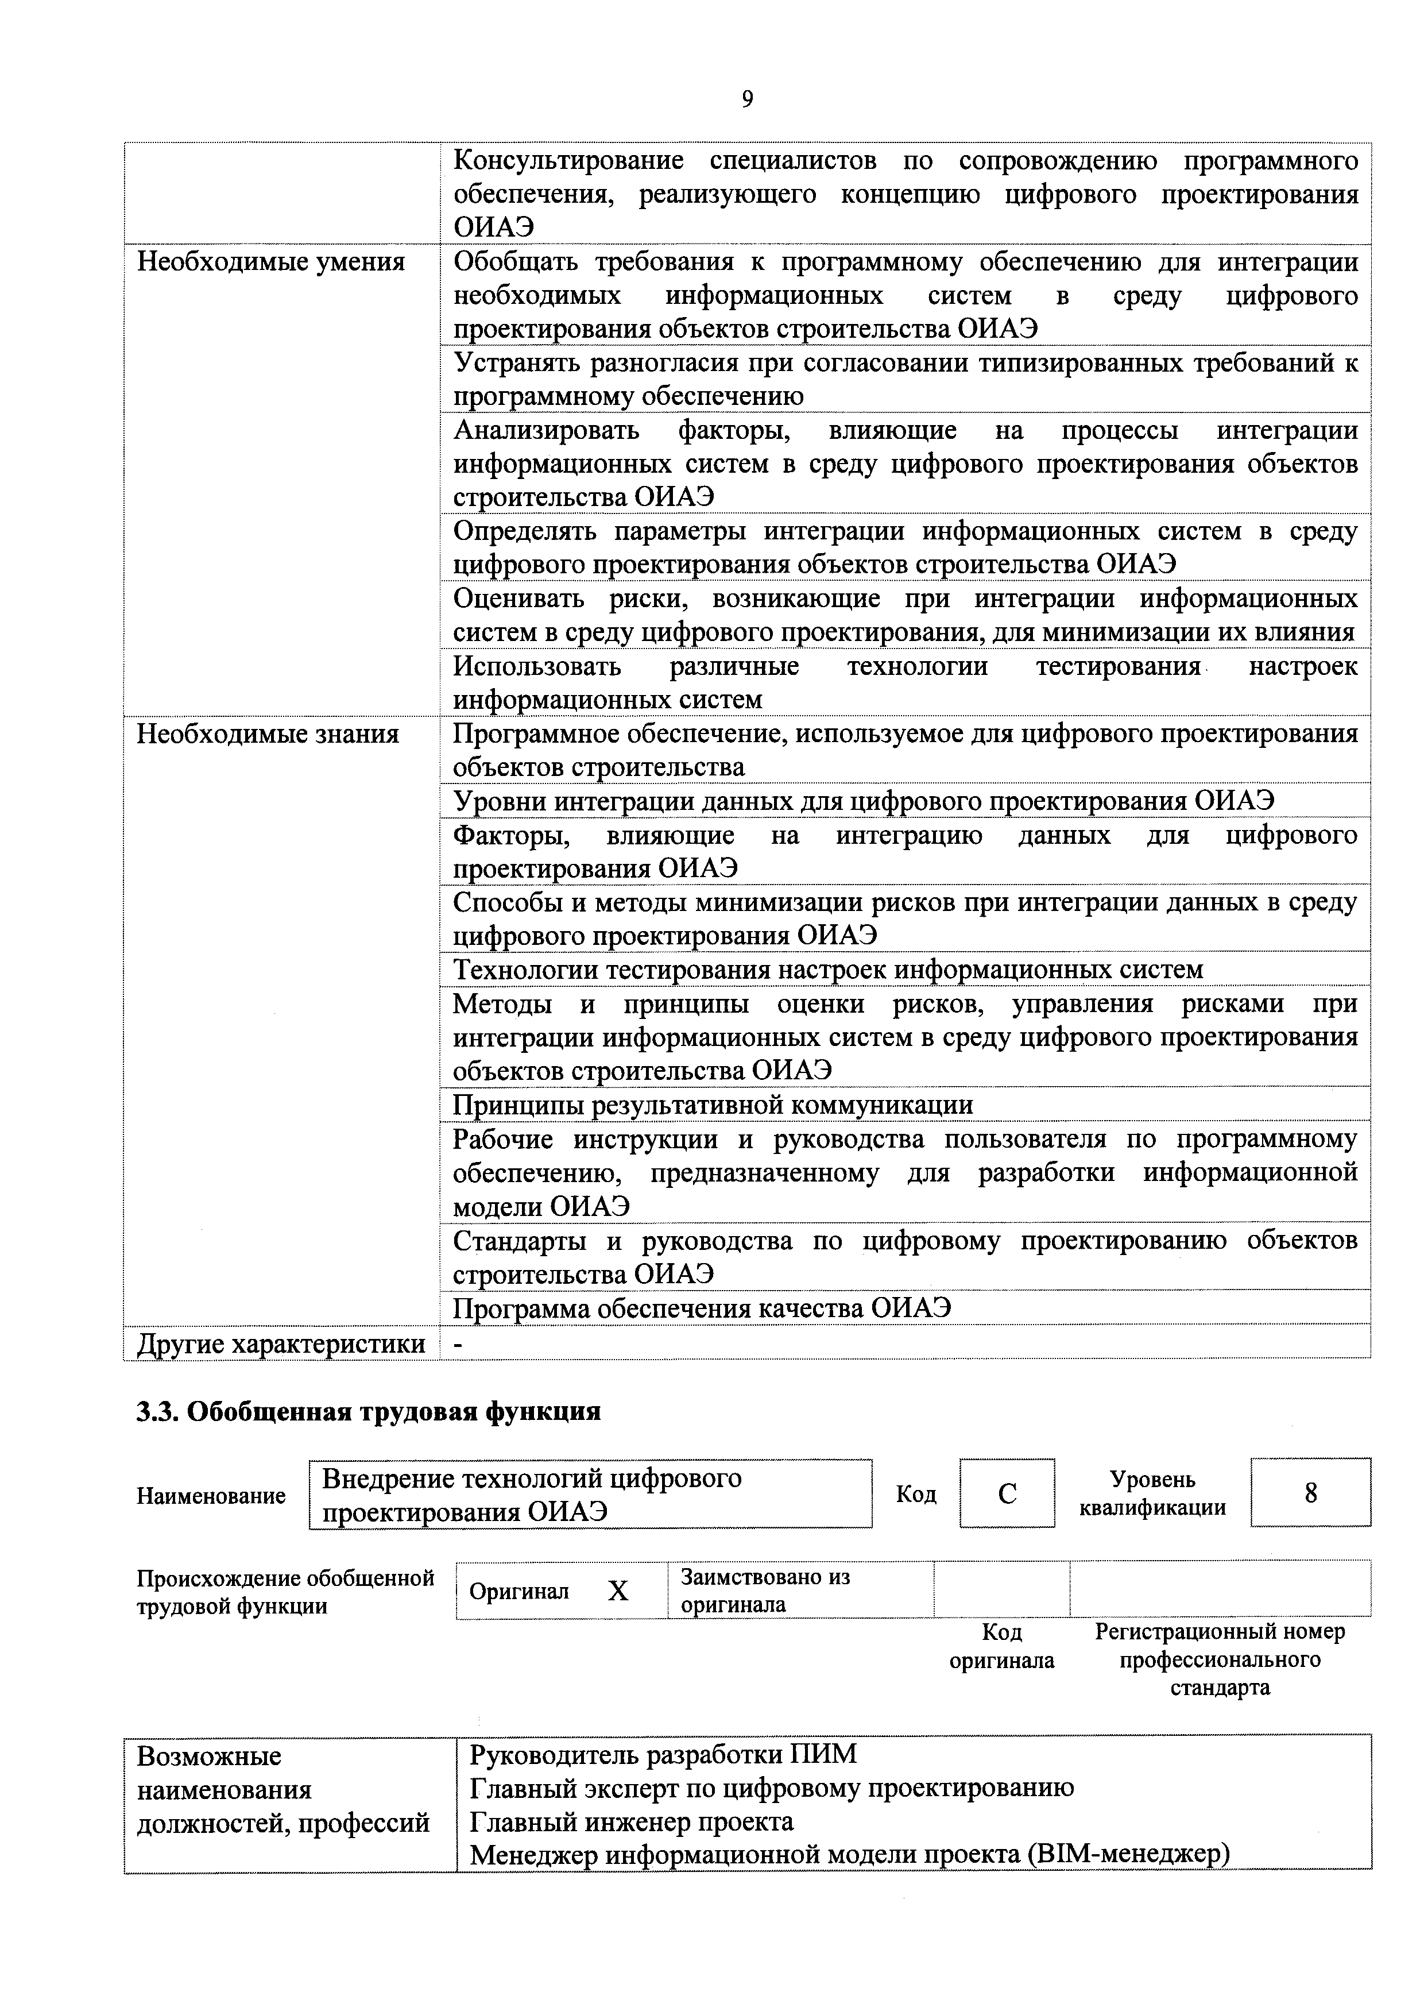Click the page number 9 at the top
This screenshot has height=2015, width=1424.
746,99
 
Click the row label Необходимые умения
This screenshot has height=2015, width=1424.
270,261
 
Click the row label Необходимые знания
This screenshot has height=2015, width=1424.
268,734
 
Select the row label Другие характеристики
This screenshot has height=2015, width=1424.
281,1344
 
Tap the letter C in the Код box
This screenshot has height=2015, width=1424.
1007,1493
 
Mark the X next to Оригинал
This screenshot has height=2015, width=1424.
618,1591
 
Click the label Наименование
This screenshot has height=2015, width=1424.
211,1495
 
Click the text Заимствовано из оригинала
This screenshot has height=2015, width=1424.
765,1591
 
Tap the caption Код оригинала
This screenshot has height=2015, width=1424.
1001,1646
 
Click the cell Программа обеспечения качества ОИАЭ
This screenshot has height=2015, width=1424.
702,1308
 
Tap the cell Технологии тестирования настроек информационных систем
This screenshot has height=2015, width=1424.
827,970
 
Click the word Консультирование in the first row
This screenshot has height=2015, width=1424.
568,161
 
